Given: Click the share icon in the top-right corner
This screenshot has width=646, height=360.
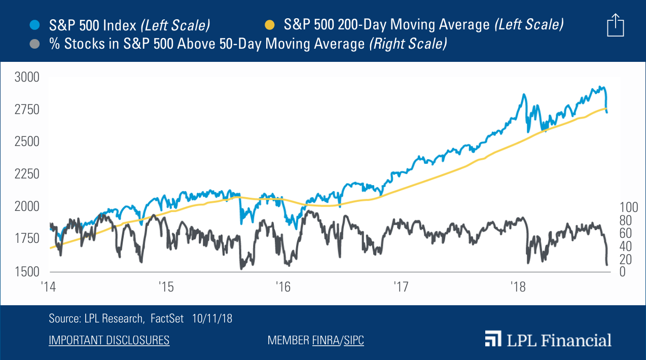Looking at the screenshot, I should click(x=615, y=25).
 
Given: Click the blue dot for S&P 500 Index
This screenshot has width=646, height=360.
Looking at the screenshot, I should click(x=35, y=24).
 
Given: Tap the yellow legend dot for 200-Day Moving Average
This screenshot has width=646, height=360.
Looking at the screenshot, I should click(x=270, y=24).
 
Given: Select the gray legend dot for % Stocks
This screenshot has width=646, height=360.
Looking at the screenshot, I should click(x=35, y=44).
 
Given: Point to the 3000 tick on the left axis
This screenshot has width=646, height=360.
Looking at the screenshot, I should click(x=27, y=77).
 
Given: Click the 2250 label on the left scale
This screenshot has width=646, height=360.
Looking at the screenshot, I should click(x=27, y=174).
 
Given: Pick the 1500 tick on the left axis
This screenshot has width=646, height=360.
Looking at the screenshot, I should click(x=27, y=271).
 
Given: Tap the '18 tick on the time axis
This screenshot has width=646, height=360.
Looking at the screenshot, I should click(x=517, y=286).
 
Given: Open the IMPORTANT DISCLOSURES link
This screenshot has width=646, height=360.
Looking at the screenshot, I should click(x=109, y=340).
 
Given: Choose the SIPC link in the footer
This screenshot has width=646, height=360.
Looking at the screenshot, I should click(x=354, y=340).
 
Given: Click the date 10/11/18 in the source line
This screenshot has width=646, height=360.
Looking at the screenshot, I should click(x=212, y=318).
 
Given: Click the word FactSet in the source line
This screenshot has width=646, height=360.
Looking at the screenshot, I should click(x=167, y=318).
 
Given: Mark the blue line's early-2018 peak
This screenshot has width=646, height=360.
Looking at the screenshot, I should click(x=524, y=94).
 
